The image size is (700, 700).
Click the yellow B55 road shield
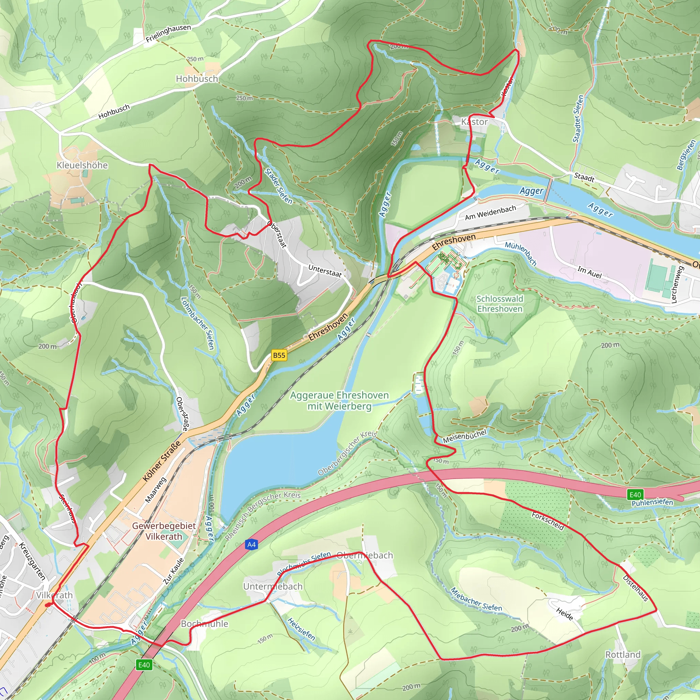click(279, 355)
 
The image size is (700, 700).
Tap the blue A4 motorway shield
click(252, 544)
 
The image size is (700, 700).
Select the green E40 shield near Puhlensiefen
click(635, 495)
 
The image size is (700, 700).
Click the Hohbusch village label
click(197, 79)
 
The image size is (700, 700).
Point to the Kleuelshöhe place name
click(82, 165)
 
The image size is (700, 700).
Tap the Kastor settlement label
click(474, 122)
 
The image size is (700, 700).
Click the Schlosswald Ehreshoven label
click(500, 304)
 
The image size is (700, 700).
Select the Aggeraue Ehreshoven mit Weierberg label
click(339, 400)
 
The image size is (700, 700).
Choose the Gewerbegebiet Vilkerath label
click(164, 531)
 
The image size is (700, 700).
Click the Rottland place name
click(623, 654)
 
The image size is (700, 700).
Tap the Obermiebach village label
click(364, 555)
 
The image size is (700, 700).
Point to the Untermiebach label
click(272, 586)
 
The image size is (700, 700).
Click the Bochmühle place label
click(204, 623)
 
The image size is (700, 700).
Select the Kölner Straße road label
click(162, 461)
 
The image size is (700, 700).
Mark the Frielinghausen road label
click(168, 33)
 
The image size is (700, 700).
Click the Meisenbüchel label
click(465, 436)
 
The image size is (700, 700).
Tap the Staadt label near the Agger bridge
click(584, 178)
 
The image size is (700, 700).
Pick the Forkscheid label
click(548, 521)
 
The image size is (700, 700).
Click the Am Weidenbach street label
click(490, 213)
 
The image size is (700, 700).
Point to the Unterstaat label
click(325, 271)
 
